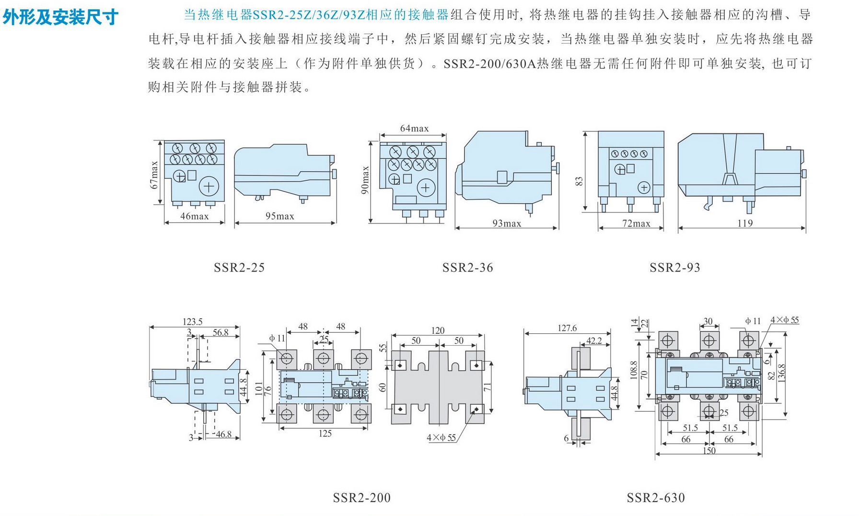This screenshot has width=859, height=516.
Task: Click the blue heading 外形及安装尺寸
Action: (x=61, y=17)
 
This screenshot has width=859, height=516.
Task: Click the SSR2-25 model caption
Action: (x=239, y=268)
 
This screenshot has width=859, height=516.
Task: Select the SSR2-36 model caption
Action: (x=467, y=268)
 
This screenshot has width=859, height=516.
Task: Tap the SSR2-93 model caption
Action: (x=675, y=268)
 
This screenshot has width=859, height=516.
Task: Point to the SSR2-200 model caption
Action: (x=362, y=498)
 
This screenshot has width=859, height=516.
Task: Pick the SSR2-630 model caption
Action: (x=656, y=498)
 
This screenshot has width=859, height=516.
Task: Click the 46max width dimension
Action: (x=195, y=216)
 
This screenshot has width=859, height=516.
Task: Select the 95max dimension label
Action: (x=280, y=216)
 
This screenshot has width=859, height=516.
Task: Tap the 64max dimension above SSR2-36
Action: (x=414, y=129)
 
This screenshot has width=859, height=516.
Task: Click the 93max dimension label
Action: (x=507, y=223)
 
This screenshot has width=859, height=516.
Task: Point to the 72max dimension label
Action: (x=636, y=223)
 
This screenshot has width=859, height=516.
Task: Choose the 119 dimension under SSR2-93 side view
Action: (x=745, y=223)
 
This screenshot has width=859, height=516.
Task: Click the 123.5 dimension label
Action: (x=193, y=322)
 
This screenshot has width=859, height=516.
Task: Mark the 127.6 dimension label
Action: (x=567, y=328)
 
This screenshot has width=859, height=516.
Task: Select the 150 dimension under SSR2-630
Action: (x=709, y=450)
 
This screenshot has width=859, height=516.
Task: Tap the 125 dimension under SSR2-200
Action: (x=325, y=434)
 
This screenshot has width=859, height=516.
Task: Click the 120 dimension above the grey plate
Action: (x=438, y=330)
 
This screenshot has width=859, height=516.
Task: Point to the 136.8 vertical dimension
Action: (x=782, y=373)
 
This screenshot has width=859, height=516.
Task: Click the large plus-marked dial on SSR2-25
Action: (x=209, y=186)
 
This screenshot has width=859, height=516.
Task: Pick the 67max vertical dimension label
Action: (x=154, y=175)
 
